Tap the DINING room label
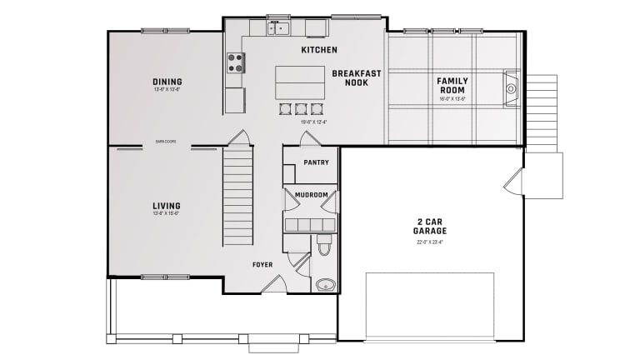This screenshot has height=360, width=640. click(x=167, y=82)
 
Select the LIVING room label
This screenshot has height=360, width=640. click(x=167, y=206)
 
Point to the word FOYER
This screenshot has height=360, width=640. click(x=262, y=265)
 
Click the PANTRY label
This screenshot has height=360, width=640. click(x=316, y=162)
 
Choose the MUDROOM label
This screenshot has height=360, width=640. click(x=312, y=194)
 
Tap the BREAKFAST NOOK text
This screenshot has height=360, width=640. click(x=356, y=77)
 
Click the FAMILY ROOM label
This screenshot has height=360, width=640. click(x=452, y=85)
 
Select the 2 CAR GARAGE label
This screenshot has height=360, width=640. click(x=432, y=227)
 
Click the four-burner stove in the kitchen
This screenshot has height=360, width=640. click(x=236, y=62)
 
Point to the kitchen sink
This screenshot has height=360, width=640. click(x=277, y=28)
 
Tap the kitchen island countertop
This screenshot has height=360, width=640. click(x=300, y=82)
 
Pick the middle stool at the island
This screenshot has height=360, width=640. click(x=300, y=108)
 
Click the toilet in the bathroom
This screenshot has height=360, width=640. click(x=324, y=246)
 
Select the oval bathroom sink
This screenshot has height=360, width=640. click(x=325, y=284)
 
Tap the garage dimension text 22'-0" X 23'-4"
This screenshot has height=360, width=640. click(x=432, y=242)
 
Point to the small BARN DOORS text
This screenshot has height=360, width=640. click(x=165, y=142)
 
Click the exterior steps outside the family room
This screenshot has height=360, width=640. click(x=542, y=112)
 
